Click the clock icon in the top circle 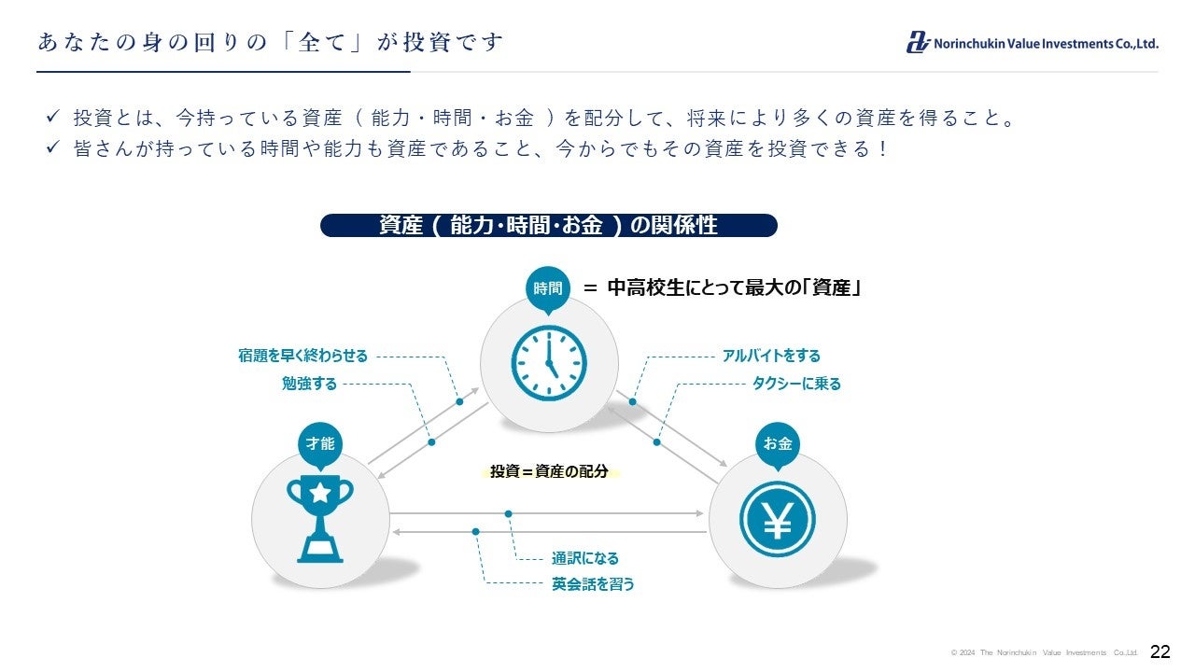coord(549,363)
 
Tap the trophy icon coord(320,518)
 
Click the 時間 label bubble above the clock coord(548,289)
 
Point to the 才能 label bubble coord(320,444)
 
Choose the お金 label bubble coord(778,444)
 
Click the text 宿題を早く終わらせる coord(303,356)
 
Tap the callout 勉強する coord(309,384)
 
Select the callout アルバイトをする coord(771,356)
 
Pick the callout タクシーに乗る coord(796,384)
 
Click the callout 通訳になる coord(585,558)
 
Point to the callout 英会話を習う coord(593,584)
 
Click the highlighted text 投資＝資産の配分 coord(549,471)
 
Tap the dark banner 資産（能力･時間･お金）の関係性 coord(549,226)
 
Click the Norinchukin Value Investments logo coord(1032,43)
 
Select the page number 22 coord(1160,651)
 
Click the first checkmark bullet coord(53,119)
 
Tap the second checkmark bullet coord(53,148)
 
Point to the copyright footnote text coord(1045,652)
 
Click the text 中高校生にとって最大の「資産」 coord(733,288)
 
